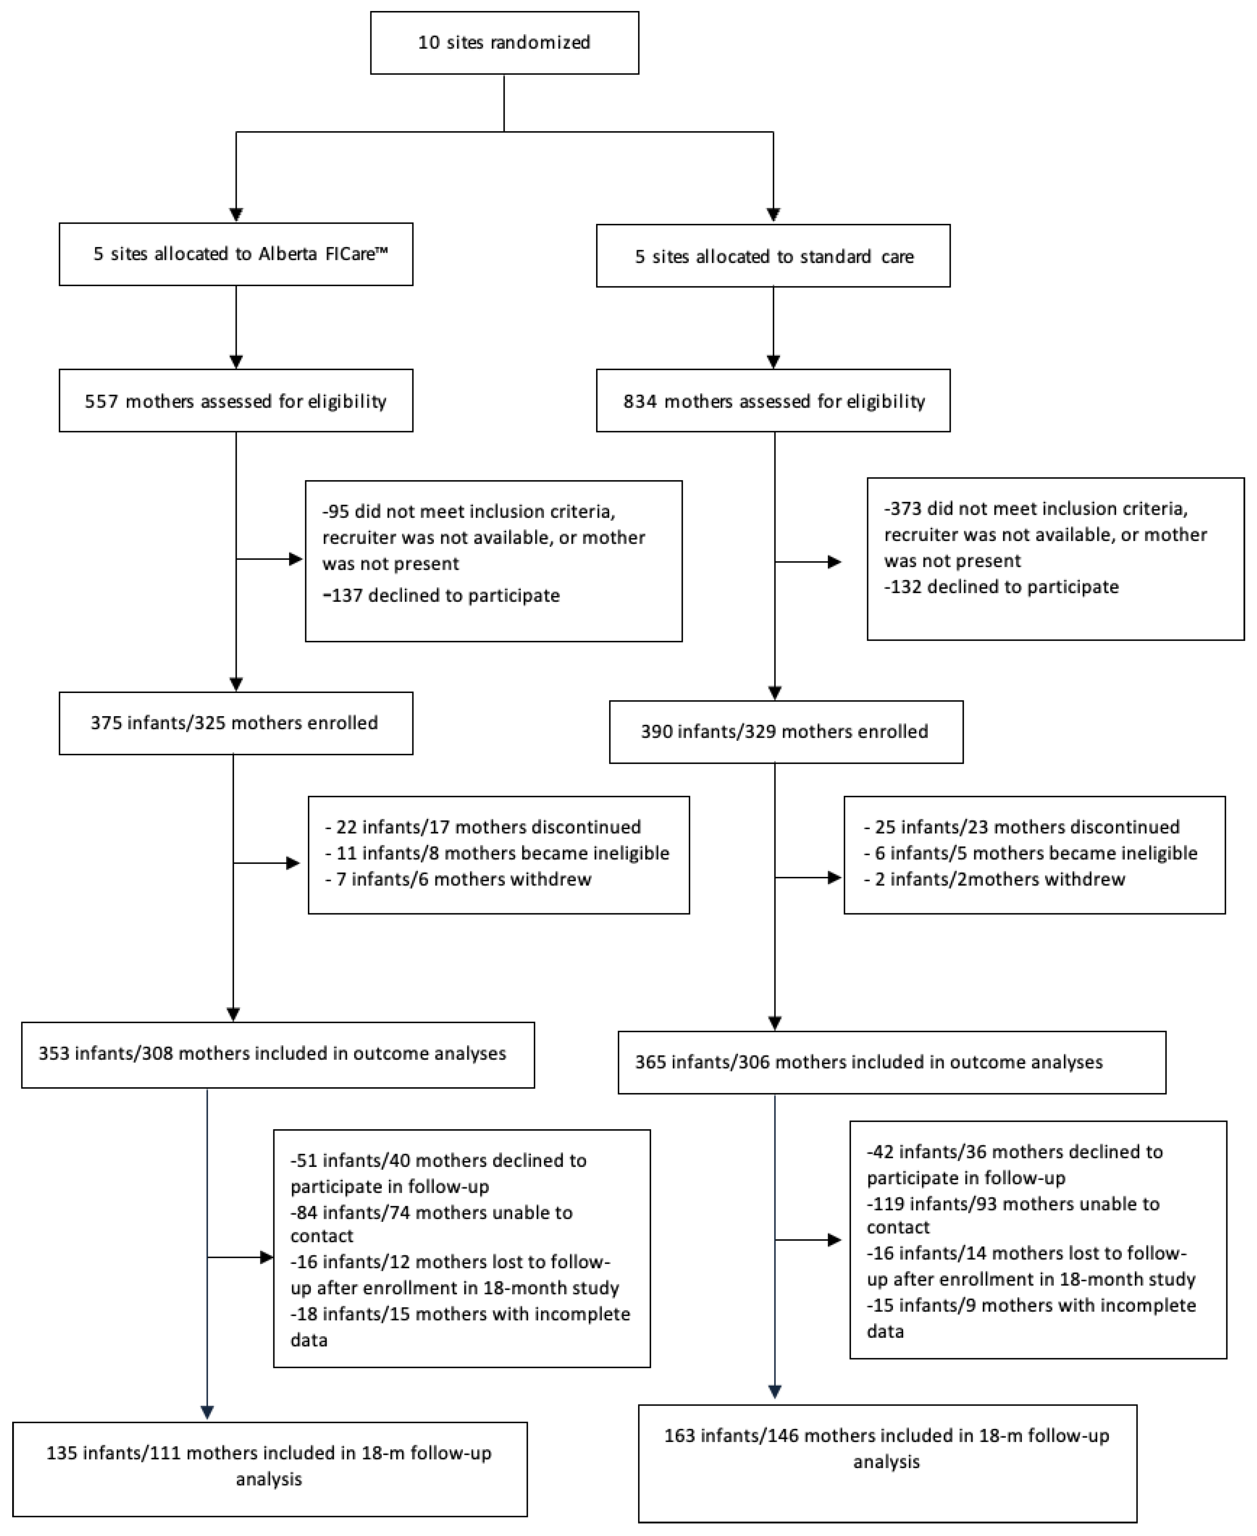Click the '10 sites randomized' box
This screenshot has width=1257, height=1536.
coord(504,43)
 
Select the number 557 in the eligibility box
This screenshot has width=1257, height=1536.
coord(101,402)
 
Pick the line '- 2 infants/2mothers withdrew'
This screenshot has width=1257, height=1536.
coord(995,880)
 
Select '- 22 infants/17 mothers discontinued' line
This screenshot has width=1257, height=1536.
coord(484,827)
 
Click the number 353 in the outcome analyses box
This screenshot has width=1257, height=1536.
coord(53,1054)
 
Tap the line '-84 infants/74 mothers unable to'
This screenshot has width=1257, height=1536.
coord(432,1213)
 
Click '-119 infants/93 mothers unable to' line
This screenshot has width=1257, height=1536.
coord(1013,1205)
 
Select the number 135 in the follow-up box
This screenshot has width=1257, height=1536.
coord(62,1454)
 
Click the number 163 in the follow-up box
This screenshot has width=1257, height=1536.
coord(679,1436)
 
